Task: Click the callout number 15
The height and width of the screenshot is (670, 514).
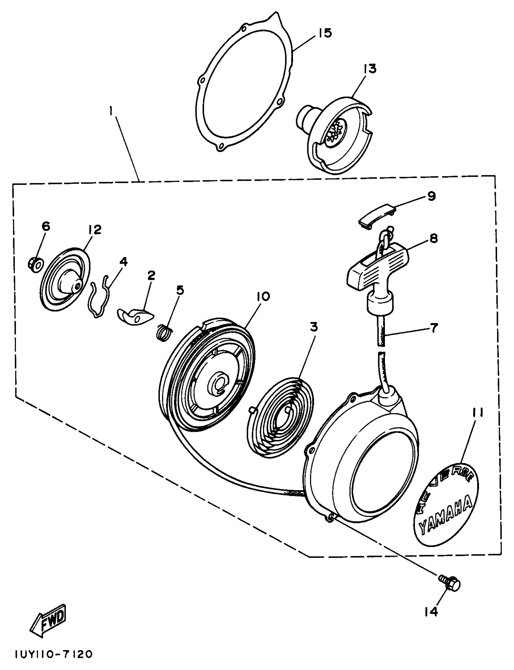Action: (x=324, y=33)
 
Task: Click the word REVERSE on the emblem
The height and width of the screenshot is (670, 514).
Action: (x=445, y=483)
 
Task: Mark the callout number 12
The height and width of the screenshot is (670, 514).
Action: (x=95, y=229)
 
